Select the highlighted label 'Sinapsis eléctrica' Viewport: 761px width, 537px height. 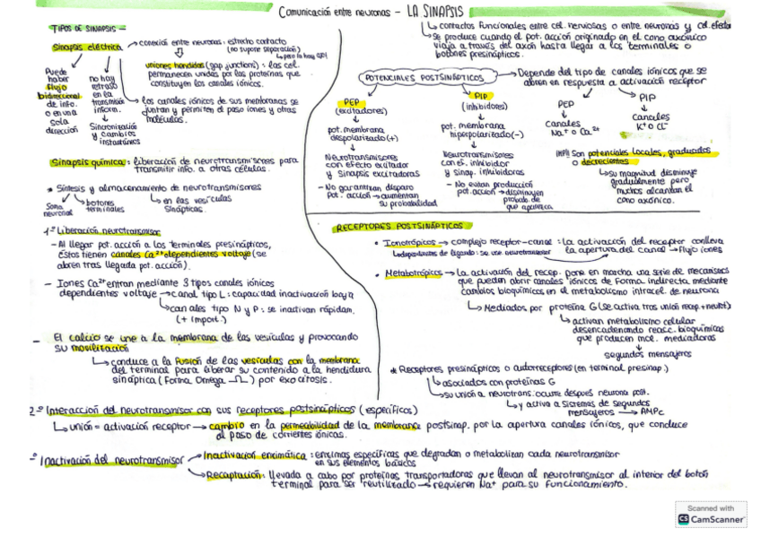[x=84, y=45]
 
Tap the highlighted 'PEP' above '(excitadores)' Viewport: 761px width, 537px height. [x=351, y=101]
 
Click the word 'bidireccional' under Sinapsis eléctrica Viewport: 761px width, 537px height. [x=53, y=94]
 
